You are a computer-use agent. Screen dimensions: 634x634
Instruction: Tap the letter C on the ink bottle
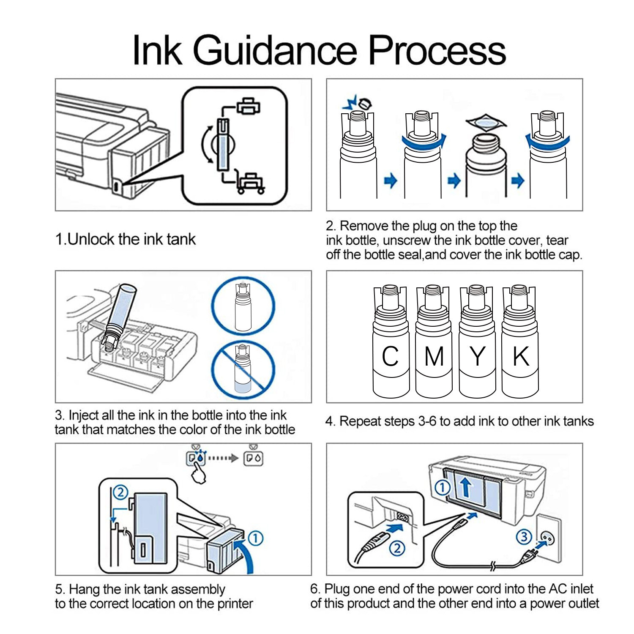pyautogui.click(x=390, y=356)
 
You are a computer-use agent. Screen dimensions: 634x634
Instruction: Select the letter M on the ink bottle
pyautogui.click(x=434, y=356)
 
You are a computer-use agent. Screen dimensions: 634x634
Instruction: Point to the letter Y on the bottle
pyautogui.click(x=477, y=356)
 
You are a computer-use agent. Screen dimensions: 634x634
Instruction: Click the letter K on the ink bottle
pyautogui.click(x=521, y=356)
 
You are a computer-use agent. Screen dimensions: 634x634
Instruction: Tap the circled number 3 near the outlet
pyautogui.click(x=524, y=536)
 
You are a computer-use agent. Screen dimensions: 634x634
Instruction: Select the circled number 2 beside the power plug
pyautogui.click(x=397, y=548)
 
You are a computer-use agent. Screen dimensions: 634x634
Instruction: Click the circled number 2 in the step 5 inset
pyautogui.click(x=121, y=492)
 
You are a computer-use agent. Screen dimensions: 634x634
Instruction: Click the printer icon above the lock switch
pyautogui.click(x=248, y=106)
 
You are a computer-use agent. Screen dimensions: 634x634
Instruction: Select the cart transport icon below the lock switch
pyautogui.click(x=251, y=182)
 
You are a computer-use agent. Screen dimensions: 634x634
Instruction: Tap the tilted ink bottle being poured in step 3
pyautogui.click(x=120, y=317)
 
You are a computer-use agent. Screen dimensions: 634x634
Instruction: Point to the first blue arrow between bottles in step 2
pyautogui.click(x=391, y=181)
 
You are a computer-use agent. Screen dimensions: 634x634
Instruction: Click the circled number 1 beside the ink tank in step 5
pyautogui.click(x=255, y=538)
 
